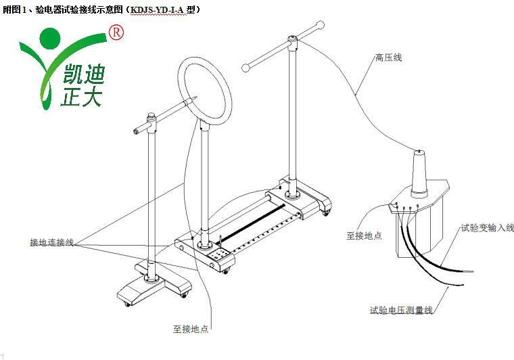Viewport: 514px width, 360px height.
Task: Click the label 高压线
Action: point(389,58)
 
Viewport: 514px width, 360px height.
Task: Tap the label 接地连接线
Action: point(51,242)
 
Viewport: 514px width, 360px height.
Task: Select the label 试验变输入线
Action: point(487,228)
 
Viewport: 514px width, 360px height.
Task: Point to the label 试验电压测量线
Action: point(401,310)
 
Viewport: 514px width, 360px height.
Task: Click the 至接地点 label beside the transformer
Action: point(364,236)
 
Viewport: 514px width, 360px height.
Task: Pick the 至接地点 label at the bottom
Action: point(191,329)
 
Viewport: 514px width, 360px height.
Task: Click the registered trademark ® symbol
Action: point(116,32)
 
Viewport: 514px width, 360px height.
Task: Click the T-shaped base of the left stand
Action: point(149,285)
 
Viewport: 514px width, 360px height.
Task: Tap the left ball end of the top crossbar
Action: point(246,67)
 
